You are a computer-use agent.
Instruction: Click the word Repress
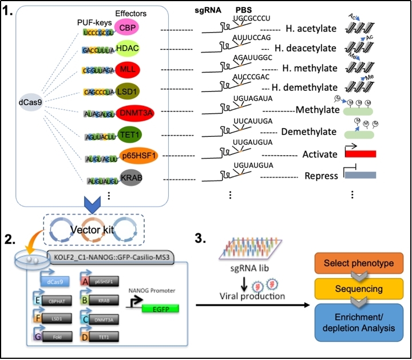322,176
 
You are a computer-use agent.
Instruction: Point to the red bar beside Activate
360,154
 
